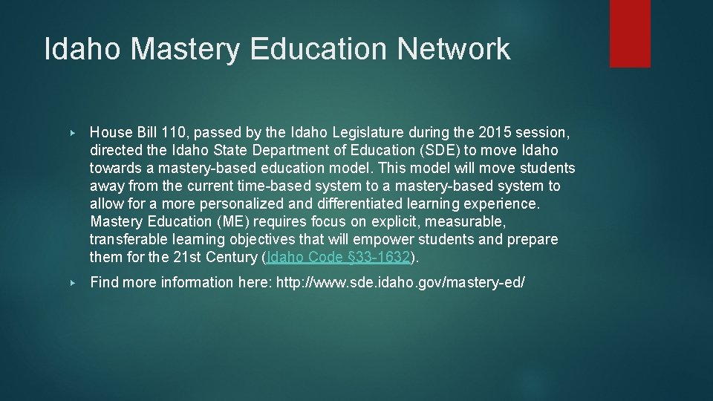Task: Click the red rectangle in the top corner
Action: click(x=630, y=33)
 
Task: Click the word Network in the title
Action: click(x=454, y=50)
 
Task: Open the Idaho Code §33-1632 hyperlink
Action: click(x=338, y=257)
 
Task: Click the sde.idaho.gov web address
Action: click(x=400, y=282)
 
